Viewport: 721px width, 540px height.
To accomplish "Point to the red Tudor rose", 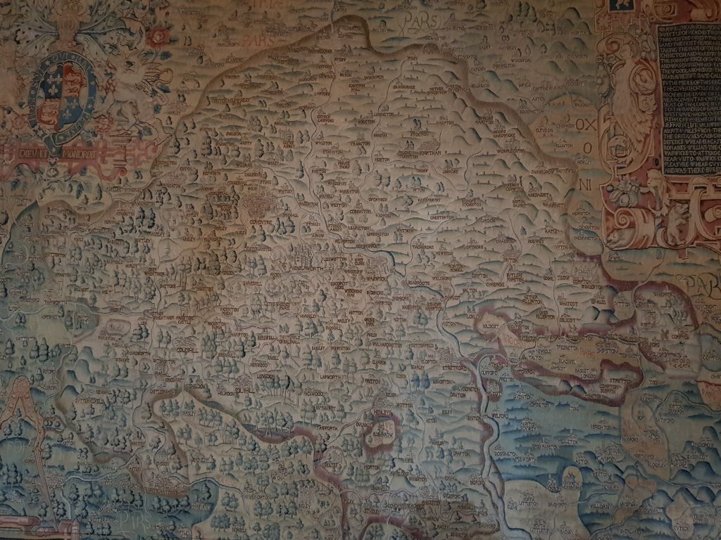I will pos(158,35).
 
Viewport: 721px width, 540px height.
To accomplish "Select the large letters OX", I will pos(584,124).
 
